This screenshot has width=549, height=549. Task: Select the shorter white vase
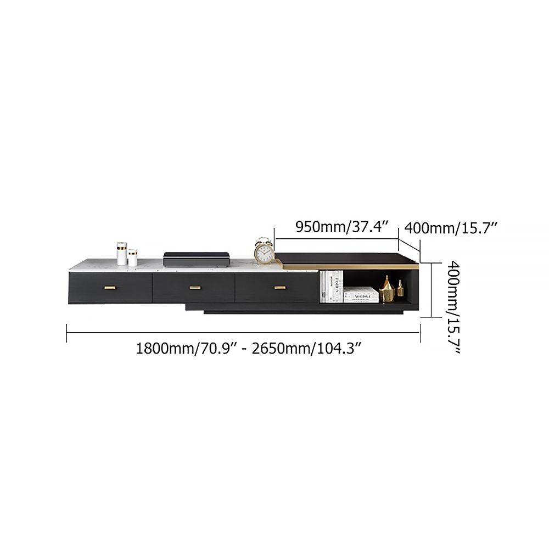pos(133,257)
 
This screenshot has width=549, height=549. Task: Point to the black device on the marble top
pos(195,259)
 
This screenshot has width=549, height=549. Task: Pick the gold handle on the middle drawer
pos(195,287)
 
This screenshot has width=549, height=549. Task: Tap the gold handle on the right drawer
pos(280,287)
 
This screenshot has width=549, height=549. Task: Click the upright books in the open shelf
pos(331,285)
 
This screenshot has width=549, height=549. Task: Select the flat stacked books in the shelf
pos(361,295)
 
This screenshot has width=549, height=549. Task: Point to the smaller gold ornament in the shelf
pos(400,289)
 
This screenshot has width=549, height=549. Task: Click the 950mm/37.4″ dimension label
pos(342,227)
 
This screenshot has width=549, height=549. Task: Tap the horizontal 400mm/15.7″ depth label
pos(451,227)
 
